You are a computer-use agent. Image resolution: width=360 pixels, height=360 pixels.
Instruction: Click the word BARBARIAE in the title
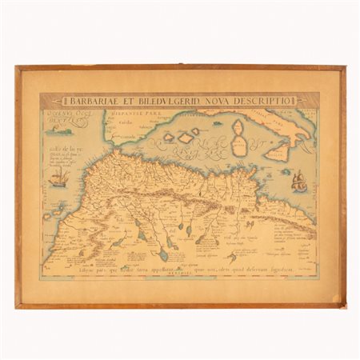[87, 100]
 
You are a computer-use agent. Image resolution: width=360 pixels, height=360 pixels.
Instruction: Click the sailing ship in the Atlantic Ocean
[59, 178]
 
